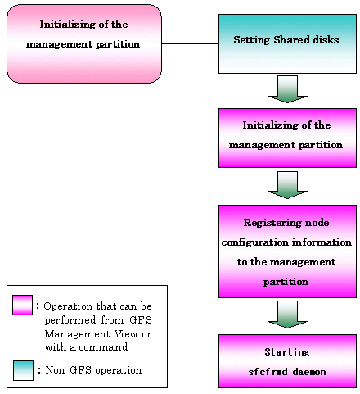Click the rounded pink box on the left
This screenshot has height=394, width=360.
point(84,43)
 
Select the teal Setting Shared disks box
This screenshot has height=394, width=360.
point(287,43)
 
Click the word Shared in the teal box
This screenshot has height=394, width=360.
point(292,40)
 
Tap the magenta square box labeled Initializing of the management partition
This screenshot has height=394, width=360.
point(287,138)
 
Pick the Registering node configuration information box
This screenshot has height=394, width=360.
point(287,251)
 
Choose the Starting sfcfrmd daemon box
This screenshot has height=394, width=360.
point(287,361)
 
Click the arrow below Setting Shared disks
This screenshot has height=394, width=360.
point(287,89)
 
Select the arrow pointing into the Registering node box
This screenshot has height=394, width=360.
point(287,185)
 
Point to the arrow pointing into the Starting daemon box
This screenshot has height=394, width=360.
point(287,315)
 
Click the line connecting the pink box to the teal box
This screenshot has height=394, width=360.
point(190,43)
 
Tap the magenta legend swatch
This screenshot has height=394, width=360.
point(22,305)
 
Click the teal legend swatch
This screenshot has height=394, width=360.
point(23,370)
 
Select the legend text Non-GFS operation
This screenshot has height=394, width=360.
point(93,370)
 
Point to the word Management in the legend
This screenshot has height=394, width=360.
point(78,334)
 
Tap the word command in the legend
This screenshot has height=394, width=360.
point(103,347)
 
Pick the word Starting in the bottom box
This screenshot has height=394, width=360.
point(287,352)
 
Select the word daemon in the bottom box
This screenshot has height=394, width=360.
point(309,372)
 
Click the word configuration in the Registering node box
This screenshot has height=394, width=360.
point(255,242)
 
